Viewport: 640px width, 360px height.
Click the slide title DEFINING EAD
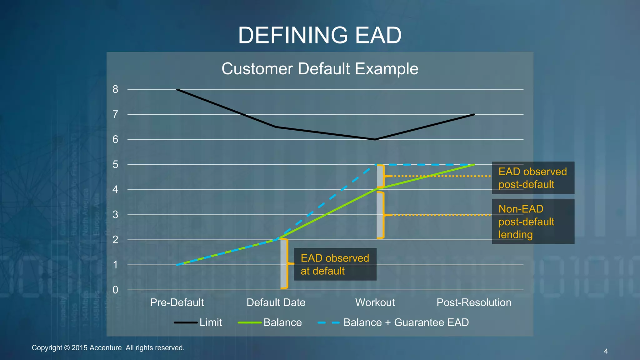(x=320, y=35)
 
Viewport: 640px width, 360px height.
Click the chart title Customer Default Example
(x=320, y=69)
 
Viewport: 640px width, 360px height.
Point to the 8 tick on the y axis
(x=115, y=89)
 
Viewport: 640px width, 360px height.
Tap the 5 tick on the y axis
(x=115, y=164)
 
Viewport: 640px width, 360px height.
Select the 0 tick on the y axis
(x=115, y=290)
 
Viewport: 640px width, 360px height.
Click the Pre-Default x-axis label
(x=177, y=302)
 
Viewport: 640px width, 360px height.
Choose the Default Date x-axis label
(x=276, y=302)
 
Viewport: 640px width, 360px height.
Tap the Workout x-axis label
(x=375, y=302)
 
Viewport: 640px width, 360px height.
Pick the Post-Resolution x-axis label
(x=474, y=302)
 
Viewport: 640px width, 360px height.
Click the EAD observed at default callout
(x=335, y=264)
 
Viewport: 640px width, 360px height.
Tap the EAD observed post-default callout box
(x=533, y=178)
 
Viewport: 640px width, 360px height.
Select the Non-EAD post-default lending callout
(x=533, y=222)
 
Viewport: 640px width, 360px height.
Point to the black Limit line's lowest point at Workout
(x=375, y=139)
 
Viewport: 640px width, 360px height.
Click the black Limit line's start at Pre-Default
(x=177, y=90)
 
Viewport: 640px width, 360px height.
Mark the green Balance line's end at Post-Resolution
(x=474, y=165)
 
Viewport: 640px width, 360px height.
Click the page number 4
(x=606, y=351)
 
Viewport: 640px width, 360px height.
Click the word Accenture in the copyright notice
(x=106, y=348)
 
